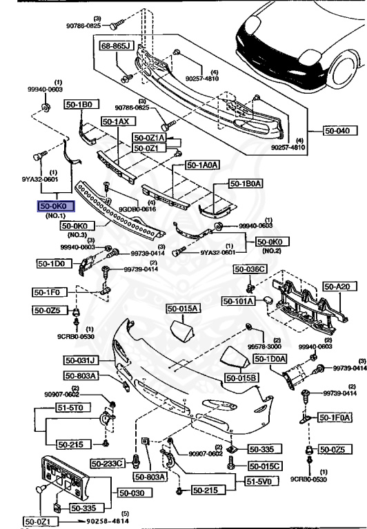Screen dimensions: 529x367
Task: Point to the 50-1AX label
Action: click(115, 121)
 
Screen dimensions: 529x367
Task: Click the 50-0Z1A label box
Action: click(149, 138)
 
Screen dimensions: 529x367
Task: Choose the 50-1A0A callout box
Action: click(202, 165)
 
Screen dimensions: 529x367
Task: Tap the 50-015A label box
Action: click(181, 308)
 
